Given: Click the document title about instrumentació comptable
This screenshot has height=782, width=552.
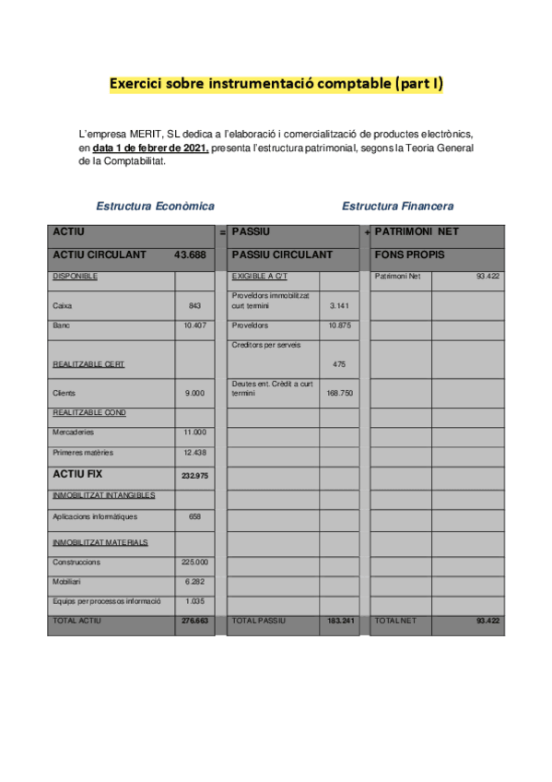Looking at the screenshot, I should click(276, 85).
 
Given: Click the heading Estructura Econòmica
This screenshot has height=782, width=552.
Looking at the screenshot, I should click(155, 207).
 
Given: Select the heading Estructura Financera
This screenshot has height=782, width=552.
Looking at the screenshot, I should click(397, 207).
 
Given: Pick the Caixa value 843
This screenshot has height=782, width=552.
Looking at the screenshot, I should click(194, 305).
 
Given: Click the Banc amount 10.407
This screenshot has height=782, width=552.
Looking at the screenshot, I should click(194, 326).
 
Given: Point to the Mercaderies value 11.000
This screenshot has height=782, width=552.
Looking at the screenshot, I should click(194, 432).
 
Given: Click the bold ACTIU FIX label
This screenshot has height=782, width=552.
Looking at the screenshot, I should click(78, 474).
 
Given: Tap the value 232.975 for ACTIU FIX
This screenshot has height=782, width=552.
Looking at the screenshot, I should click(194, 475).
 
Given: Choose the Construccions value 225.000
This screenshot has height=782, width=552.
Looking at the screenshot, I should click(194, 562).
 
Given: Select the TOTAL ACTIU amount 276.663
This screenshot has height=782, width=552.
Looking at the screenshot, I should click(194, 622).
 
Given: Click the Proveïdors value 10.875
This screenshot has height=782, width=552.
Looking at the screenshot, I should click(339, 326).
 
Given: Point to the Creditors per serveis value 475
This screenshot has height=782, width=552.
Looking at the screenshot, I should click(339, 364).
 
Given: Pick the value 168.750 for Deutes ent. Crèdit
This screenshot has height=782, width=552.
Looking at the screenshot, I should click(339, 393).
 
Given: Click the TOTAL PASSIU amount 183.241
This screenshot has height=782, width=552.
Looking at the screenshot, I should click(340, 622).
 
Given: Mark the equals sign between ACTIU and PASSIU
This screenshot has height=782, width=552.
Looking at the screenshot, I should click(222, 232).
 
